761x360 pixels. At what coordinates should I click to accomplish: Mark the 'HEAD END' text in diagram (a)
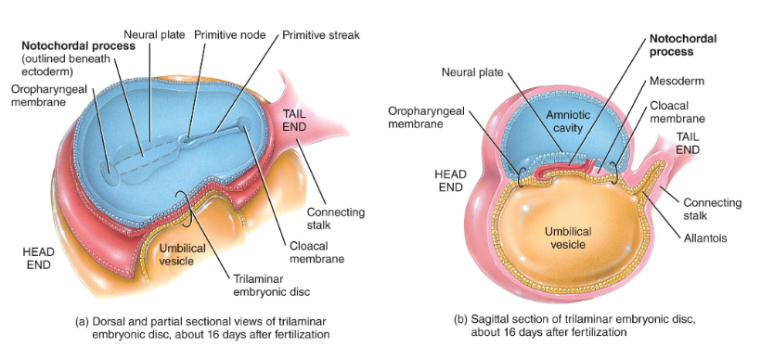[40, 255]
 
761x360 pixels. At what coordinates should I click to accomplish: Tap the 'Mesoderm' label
[677, 81]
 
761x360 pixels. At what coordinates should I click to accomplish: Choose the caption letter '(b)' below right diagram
[462, 318]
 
